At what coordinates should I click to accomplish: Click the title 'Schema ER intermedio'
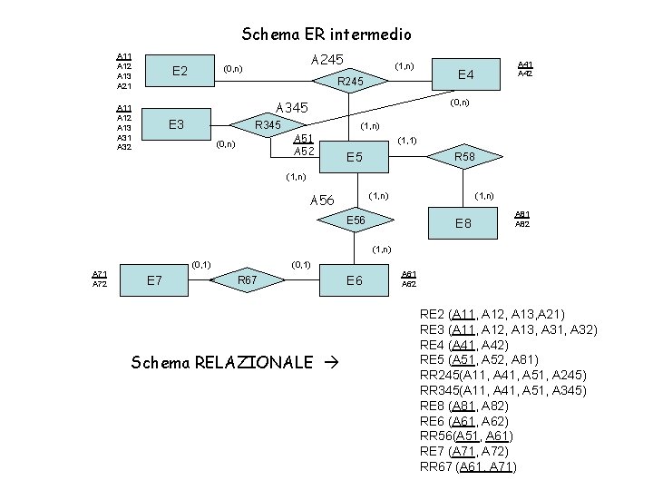click(x=326, y=34)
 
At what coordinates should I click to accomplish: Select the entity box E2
click(x=179, y=72)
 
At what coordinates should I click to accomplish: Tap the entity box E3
click(x=179, y=124)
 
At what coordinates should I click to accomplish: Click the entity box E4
click(x=465, y=73)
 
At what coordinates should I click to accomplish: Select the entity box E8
click(x=463, y=223)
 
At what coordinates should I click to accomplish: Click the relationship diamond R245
click(x=351, y=83)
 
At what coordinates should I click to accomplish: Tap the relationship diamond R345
click(x=267, y=124)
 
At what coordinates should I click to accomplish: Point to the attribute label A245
click(x=327, y=59)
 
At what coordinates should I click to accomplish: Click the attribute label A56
click(x=322, y=201)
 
